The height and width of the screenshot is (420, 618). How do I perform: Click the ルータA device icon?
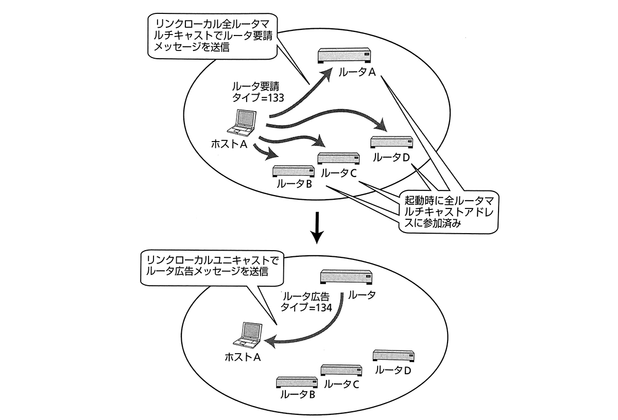click(x=345, y=56)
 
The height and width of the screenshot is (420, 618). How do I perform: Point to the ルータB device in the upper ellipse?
click(x=294, y=171)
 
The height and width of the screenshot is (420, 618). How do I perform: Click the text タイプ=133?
click(x=258, y=98)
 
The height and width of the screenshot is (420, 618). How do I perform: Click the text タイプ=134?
click(x=306, y=307)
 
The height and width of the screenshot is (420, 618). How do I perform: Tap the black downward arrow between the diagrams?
click(x=317, y=228)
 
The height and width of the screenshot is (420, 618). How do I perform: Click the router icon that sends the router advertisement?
click(x=346, y=277)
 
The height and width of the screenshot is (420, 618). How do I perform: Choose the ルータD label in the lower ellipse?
click(x=393, y=370)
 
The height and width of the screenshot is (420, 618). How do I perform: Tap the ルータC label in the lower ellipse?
click(x=341, y=384)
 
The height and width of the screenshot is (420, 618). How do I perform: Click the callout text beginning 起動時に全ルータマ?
click(x=449, y=212)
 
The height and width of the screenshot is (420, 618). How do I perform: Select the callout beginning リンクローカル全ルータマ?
click(x=212, y=36)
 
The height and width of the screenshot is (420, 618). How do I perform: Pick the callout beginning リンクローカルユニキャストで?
click(x=212, y=267)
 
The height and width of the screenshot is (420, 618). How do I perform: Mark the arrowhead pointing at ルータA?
click(x=327, y=75)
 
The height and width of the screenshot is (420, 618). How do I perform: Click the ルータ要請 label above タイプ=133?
click(x=255, y=86)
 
